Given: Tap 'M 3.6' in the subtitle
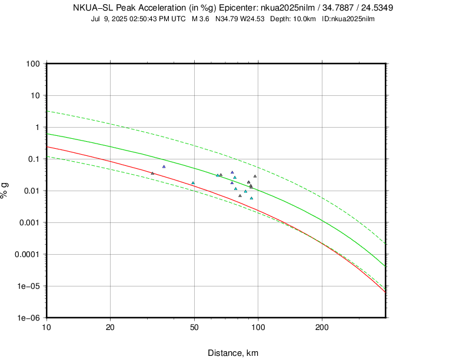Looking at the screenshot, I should (x=202, y=19).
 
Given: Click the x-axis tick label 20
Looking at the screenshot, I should (x=111, y=326).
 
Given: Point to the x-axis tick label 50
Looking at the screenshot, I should (x=195, y=326).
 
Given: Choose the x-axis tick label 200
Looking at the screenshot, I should (x=322, y=326).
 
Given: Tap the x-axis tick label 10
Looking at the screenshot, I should (x=47, y=326).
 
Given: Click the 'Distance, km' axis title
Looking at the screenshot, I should (x=233, y=353).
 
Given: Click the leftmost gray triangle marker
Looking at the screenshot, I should (x=152, y=174).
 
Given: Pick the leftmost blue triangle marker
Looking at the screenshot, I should (x=164, y=166).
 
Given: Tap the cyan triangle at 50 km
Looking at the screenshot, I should (x=193, y=183).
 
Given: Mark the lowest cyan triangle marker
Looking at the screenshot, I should (x=251, y=198).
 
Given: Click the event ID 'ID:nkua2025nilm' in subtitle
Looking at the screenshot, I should (x=348, y=19).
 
